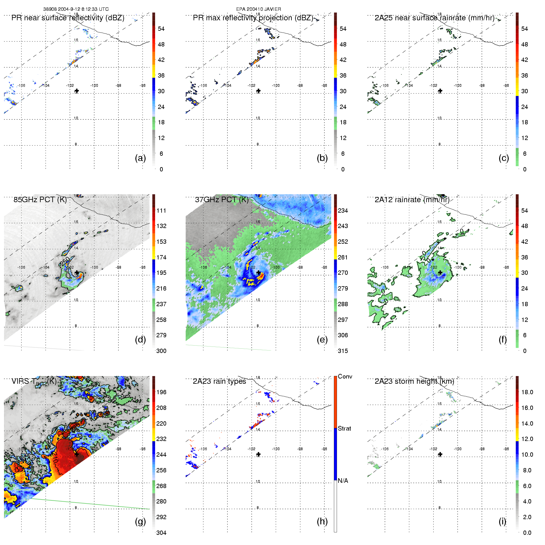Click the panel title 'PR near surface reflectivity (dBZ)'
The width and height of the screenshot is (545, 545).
pos(68,18)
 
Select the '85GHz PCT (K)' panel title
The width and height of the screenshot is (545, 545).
pos(40,200)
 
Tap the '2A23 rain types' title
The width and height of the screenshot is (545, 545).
pos(219,381)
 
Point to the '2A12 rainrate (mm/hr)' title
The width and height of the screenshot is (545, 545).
pos(412,200)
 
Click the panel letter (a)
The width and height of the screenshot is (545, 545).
pos(140,158)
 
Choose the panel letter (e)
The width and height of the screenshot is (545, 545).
pos(322,339)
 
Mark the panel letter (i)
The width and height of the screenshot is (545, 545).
pos(503,521)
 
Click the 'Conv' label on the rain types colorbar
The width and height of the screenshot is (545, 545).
pos(345,377)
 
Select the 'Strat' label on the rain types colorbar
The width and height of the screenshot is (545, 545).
pos(344,428)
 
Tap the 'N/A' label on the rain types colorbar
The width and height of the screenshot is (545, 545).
pos(343,481)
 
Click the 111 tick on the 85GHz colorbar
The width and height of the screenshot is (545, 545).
pos(161,210)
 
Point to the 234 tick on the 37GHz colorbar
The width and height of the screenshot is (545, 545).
pos(343,210)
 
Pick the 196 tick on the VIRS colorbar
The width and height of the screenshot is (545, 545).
pos(161,392)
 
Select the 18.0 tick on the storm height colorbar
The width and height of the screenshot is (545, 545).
pos(527,392)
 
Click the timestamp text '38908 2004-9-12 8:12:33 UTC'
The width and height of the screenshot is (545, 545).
pos(76,9)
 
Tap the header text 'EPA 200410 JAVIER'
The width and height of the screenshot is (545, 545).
pos(258,9)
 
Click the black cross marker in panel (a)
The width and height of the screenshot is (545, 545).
pos(77,91)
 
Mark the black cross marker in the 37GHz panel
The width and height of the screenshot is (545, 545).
pos(258,273)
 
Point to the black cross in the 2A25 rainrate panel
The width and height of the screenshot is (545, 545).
pos(440,91)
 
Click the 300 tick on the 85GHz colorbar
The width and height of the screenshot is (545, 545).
pos(161,351)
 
